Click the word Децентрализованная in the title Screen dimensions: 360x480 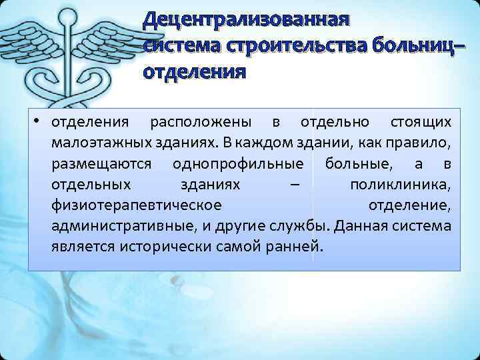point(245,19)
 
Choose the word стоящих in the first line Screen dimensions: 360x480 point(419,123)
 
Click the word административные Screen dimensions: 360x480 point(123,226)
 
